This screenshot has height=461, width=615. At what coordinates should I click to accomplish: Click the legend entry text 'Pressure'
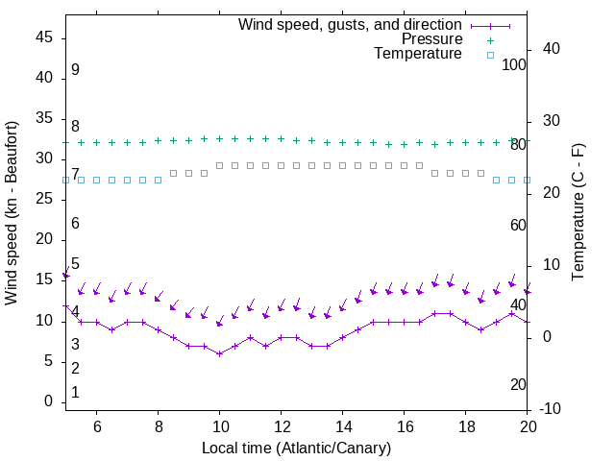[x=431, y=39]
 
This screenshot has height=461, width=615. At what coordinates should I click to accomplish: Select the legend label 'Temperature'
[x=418, y=54]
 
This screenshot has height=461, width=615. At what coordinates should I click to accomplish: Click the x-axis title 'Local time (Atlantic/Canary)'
[x=296, y=448]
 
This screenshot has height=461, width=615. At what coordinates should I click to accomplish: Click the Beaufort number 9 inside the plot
[x=75, y=70]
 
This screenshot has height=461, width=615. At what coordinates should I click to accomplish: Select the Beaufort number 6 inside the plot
[x=75, y=224]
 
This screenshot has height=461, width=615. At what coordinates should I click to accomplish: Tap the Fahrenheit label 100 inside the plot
[x=514, y=64]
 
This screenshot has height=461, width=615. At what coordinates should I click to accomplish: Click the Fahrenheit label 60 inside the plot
[x=518, y=225]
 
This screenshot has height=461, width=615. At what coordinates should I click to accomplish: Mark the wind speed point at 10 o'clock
[x=220, y=353]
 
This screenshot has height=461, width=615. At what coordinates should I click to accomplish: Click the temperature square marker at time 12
[x=281, y=165]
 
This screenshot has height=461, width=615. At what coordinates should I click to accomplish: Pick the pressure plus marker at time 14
[x=342, y=142]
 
